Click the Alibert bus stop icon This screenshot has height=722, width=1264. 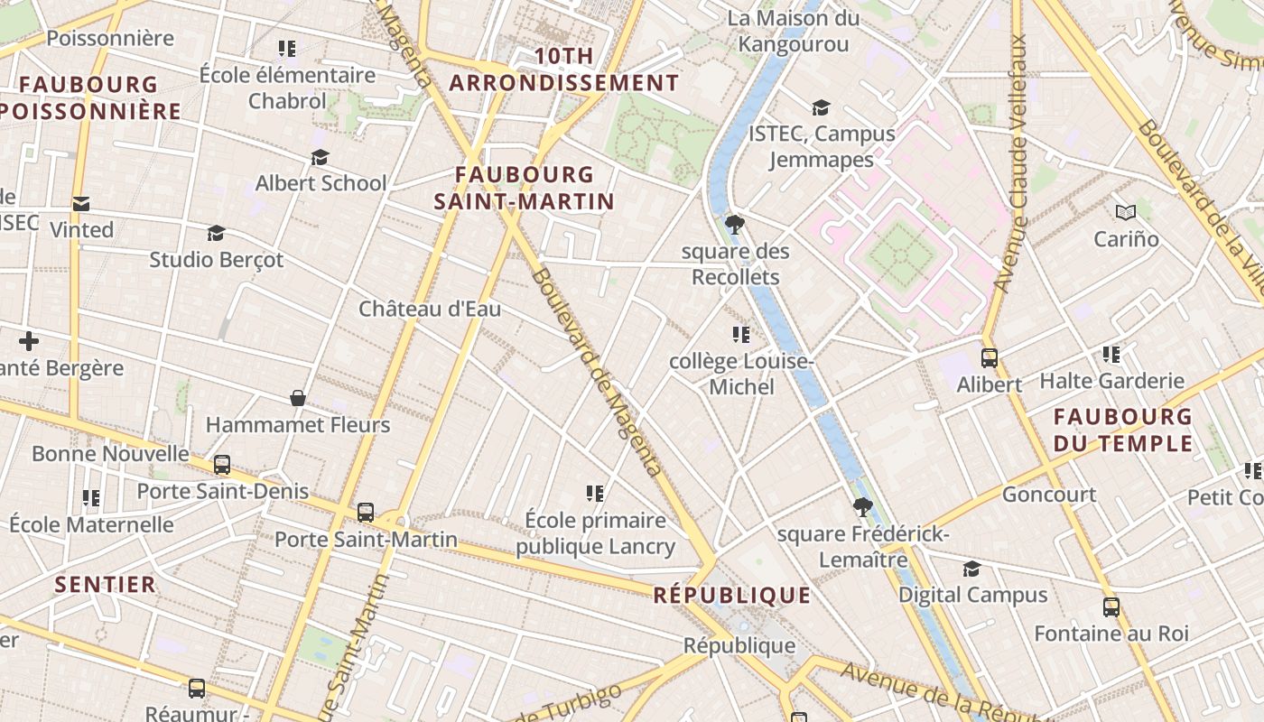[989, 358]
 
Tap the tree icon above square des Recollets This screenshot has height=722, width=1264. [735, 225]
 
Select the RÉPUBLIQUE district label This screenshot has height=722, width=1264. [732, 595]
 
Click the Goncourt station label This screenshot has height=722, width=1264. [1049, 495]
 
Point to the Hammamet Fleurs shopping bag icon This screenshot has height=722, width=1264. [298, 398]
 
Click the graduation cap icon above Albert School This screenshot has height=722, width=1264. [320, 158]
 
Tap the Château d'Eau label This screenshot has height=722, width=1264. [430, 309]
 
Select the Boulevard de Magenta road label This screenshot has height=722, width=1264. [597, 371]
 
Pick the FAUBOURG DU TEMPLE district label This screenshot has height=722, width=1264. [1122, 430]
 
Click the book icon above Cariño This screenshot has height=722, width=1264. [1125, 213]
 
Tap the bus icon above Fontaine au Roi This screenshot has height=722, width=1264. [1111, 607]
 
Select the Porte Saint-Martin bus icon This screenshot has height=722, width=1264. [366, 513]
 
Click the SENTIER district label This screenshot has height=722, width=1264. [106, 585]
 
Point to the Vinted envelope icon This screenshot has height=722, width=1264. [81, 204]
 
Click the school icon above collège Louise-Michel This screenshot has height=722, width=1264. [741, 336]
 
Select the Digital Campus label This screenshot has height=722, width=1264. [972, 595]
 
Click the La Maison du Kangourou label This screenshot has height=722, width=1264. [794, 32]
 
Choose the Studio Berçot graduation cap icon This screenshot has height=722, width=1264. [216, 234]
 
